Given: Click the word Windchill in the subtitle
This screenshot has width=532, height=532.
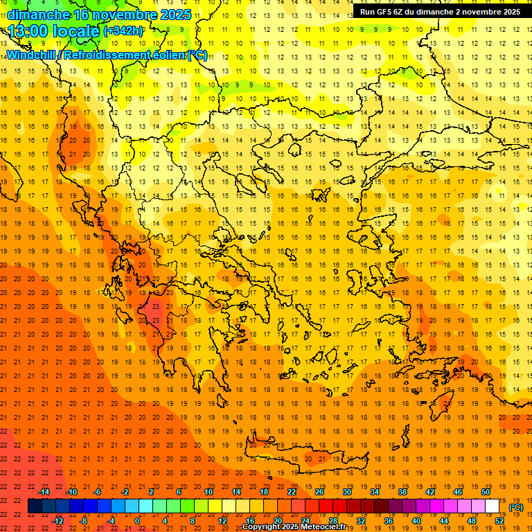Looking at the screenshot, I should [x=29, y=55].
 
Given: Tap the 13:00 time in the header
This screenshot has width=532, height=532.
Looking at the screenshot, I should [x=28, y=31].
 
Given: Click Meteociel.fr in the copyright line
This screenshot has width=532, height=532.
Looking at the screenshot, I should [x=321, y=527].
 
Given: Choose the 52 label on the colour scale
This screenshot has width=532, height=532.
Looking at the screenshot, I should [x=499, y=521].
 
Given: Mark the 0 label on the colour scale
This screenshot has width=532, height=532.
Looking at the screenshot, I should [x=137, y=521].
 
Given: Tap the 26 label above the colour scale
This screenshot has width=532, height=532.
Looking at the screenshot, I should [x=319, y=492].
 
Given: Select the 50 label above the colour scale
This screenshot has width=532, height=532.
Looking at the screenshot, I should [x=485, y=492].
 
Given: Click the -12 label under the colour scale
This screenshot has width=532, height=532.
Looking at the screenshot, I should [x=57, y=521].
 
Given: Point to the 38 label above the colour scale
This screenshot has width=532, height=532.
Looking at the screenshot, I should [x=402, y=492].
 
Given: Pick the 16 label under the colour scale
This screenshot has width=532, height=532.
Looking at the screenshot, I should [x=250, y=521].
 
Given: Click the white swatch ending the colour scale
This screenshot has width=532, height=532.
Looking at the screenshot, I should [x=492, y=506].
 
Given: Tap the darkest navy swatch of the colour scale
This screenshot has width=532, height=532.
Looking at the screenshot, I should [x=35, y=506].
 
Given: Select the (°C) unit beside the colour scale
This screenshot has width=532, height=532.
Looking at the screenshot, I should [x=515, y=507].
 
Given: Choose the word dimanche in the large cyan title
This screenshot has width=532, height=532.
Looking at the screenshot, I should [x=39, y=15].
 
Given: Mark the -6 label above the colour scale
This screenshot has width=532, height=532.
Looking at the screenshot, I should [x=98, y=492].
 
